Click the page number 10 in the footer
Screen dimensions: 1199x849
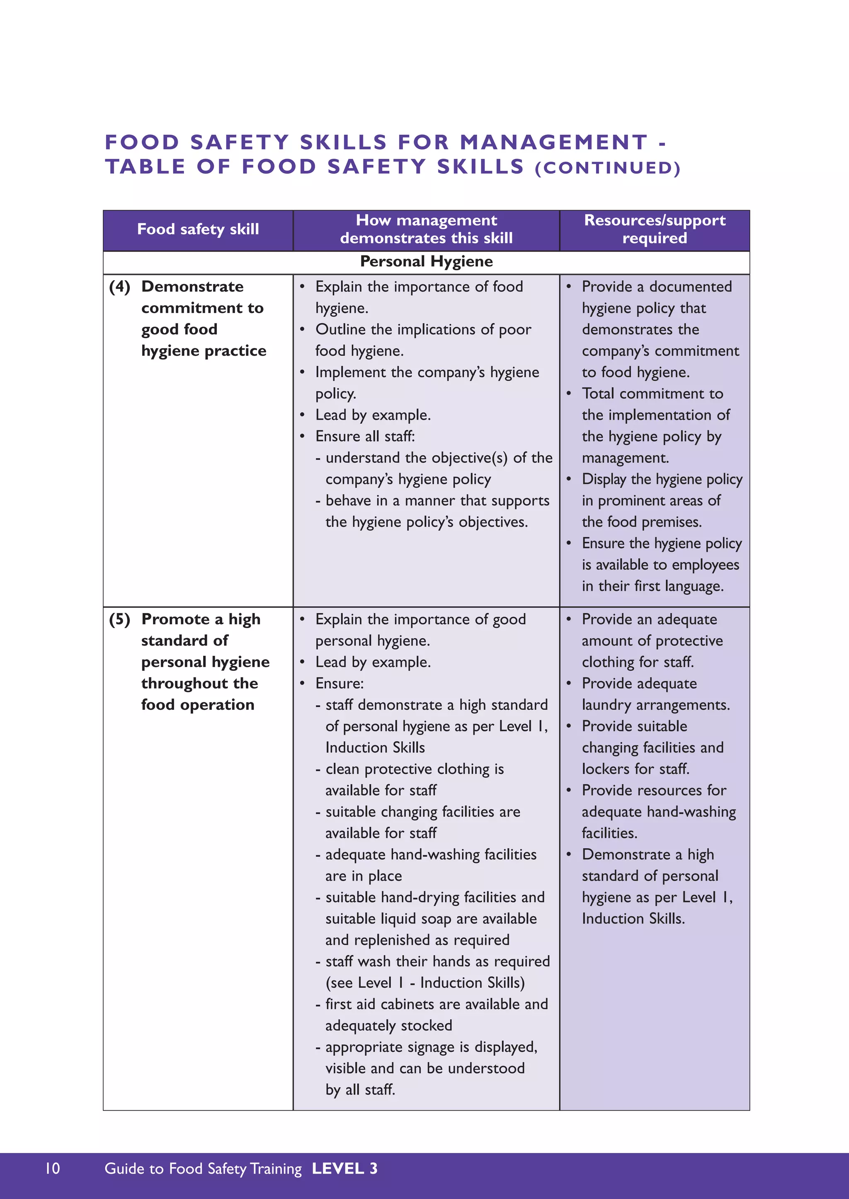click(x=53, y=1169)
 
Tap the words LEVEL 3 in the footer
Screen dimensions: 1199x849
click(x=344, y=1169)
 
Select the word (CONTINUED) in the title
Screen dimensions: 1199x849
click(x=607, y=168)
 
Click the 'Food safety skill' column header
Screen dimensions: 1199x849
click(x=198, y=229)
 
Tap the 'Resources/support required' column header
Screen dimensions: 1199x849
click(x=655, y=229)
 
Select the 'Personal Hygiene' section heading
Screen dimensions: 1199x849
click(x=426, y=262)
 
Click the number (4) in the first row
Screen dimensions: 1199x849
click(x=120, y=286)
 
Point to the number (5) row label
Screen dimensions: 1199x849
click(x=120, y=619)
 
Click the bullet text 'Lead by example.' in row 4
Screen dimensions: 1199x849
click(x=373, y=415)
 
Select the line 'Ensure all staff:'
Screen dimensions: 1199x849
click(x=365, y=437)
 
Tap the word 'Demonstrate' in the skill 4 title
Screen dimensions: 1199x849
click(x=192, y=286)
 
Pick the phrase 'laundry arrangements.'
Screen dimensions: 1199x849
click(x=655, y=705)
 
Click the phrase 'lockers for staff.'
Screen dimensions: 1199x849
click(x=636, y=769)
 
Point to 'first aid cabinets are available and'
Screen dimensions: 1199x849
click(x=437, y=1005)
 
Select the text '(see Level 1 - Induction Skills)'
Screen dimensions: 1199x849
click(x=425, y=983)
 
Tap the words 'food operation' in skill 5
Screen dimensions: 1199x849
click(x=198, y=705)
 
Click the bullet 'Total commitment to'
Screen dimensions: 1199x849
click(x=653, y=394)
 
